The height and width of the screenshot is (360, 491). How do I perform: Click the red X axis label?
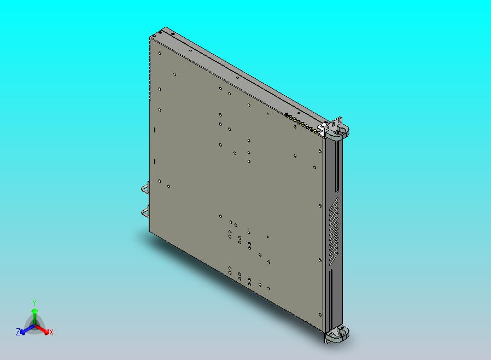point(51,332)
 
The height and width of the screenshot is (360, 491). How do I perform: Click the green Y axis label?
point(34,303)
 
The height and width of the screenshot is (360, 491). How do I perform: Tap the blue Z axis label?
point(18,332)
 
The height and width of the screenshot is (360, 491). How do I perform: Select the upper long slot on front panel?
point(336,166)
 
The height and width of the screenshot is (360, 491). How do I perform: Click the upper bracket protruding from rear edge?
point(145,189)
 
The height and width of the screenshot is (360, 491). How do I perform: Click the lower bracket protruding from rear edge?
point(145,211)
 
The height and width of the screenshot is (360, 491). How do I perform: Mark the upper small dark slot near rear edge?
point(155,130)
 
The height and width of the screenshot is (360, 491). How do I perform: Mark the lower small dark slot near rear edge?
point(155,162)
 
